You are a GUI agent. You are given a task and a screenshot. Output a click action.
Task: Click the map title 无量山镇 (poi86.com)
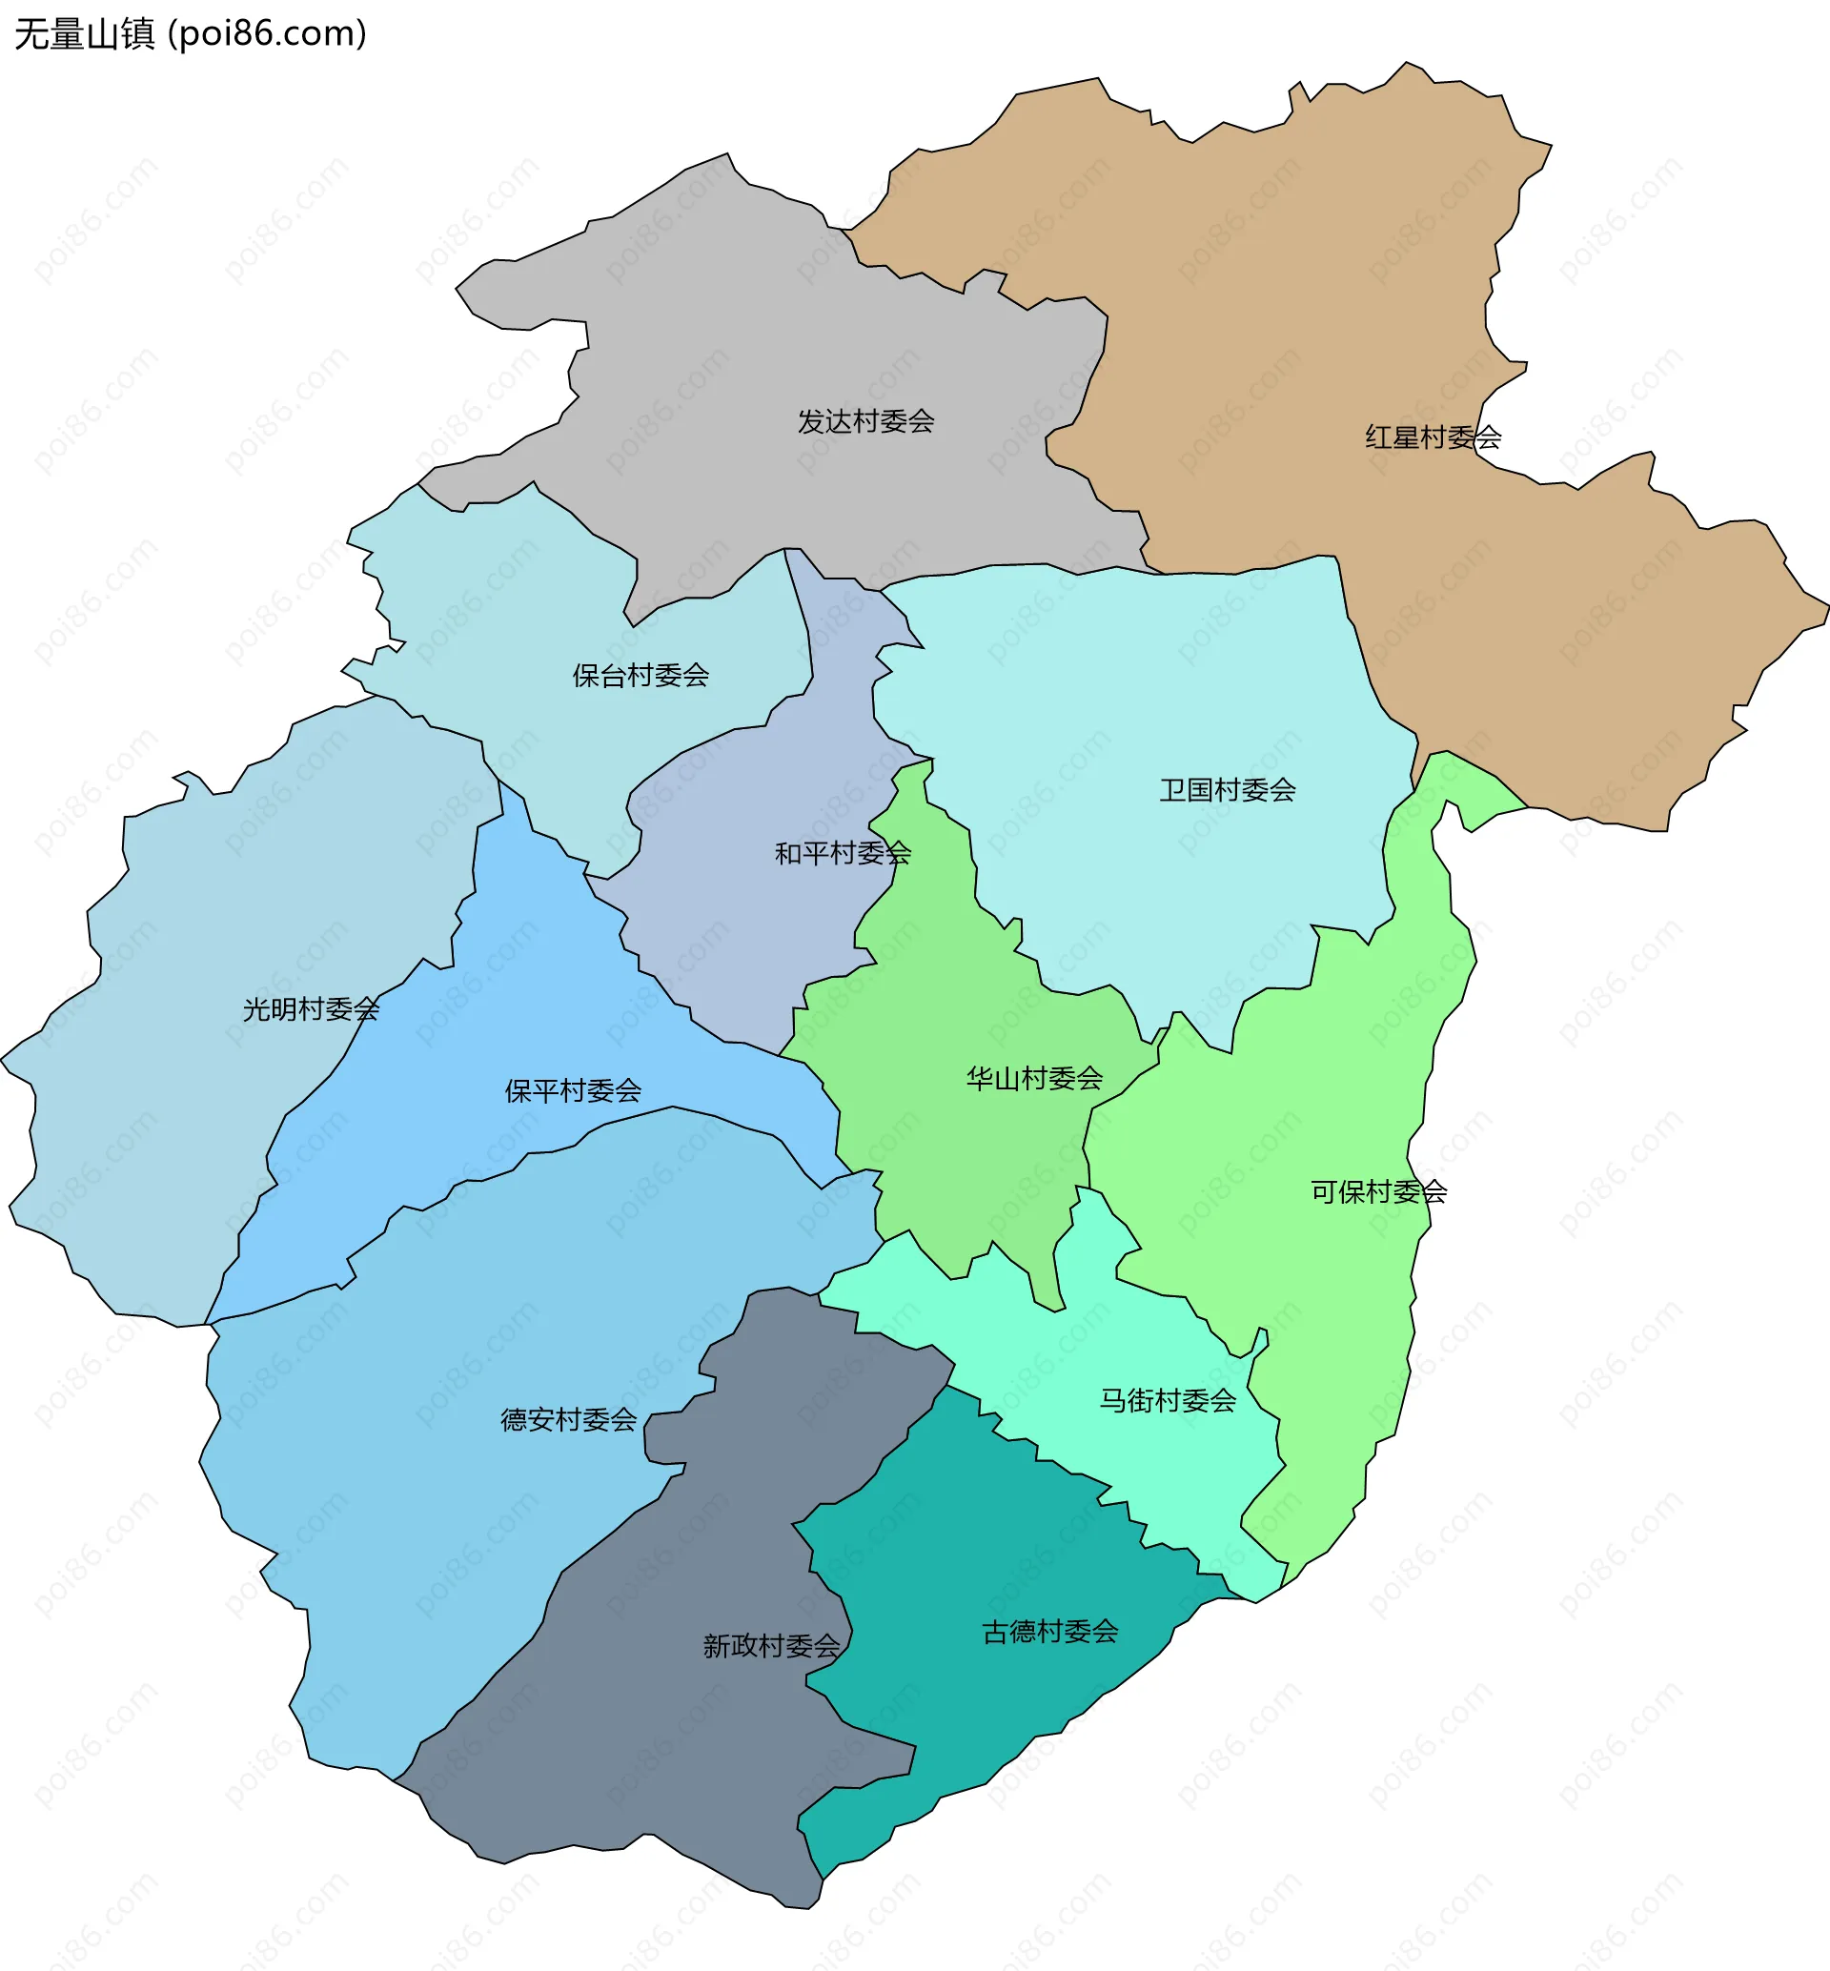(x=190, y=33)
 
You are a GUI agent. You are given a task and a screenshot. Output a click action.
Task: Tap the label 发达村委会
(x=865, y=422)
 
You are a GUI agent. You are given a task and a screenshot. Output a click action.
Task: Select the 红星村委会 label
(x=1433, y=437)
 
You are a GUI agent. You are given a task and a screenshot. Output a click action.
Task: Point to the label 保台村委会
(x=640, y=676)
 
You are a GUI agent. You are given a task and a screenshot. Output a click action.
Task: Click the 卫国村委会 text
(x=1227, y=790)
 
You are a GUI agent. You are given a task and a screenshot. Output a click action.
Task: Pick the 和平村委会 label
(x=842, y=853)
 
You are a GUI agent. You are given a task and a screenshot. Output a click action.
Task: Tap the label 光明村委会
(x=311, y=1009)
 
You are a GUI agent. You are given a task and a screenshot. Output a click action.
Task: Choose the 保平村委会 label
(x=573, y=1091)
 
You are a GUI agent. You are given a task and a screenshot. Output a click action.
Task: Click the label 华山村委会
(x=1034, y=1079)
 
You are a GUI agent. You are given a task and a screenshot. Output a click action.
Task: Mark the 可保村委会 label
(x=1378, y=1192)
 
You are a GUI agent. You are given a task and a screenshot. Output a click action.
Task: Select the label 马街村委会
(x=1168, y=1400)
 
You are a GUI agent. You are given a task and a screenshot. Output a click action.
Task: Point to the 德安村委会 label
(x=568, y=1420)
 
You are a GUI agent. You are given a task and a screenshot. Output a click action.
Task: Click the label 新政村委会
(x=770, y=1646)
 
